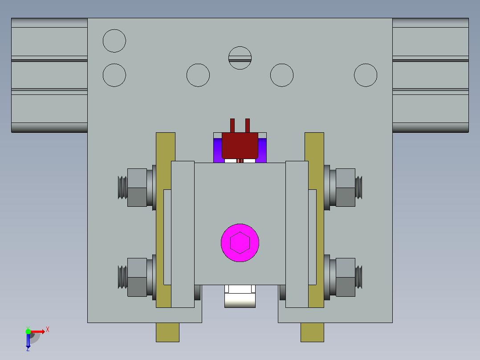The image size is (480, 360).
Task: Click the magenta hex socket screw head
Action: coord(240,243)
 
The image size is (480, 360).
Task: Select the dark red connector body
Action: coord(240,146)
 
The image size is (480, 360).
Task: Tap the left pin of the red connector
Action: coord(232,126)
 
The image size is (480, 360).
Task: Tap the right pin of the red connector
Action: coord(248,126)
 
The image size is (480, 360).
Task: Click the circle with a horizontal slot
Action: coord(240,58)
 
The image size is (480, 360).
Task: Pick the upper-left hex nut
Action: coord(137,188)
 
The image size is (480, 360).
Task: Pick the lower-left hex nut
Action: coord(137,277)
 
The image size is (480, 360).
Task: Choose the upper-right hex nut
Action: coord(346,188)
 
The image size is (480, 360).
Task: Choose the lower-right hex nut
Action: coord(346,277)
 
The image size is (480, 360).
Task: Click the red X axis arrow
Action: coord(38,331)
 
